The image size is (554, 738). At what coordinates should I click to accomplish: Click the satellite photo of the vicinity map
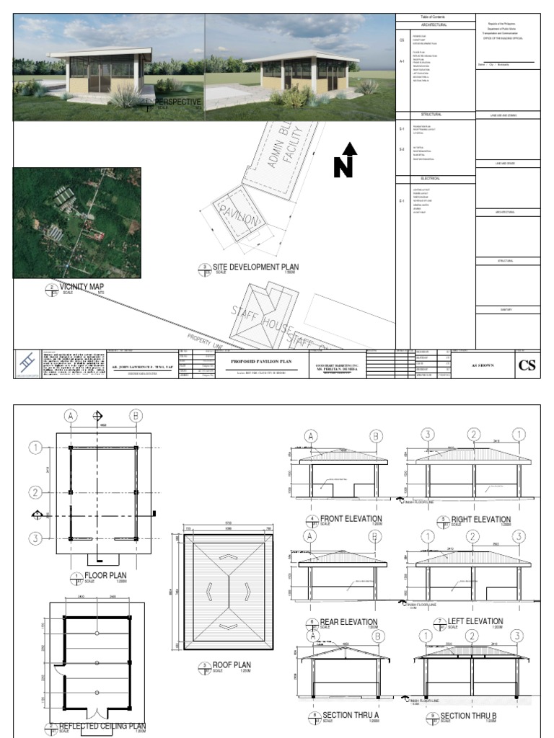pos(76,223)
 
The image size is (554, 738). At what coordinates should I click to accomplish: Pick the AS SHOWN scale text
pos(480,365)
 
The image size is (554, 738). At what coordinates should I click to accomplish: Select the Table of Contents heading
pos(435,17)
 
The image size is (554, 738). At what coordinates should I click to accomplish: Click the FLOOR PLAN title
pos(106,575)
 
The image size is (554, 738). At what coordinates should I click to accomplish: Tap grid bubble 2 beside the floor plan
pos(35,493)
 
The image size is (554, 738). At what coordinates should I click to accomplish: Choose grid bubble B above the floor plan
pos(135,415)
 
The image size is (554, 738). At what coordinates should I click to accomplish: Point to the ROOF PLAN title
pos(232,665)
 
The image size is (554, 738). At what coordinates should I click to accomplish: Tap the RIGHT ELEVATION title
pos(480,519)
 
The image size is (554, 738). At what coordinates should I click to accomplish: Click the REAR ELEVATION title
pos(348,621)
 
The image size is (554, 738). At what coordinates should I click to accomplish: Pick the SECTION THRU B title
pos(470,716)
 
